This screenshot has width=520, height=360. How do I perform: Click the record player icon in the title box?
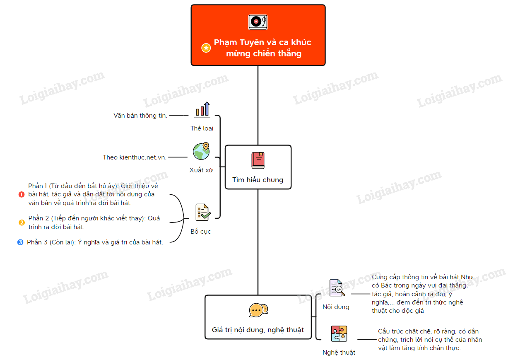[258, 22]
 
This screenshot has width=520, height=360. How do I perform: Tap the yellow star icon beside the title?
[206, 48]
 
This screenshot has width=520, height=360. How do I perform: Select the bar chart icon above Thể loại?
[202, 109]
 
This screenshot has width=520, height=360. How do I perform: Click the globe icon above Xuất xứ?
[201, 151]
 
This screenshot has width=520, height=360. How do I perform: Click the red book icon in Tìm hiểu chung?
[258, 160]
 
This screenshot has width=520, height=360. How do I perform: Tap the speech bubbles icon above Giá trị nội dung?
[258, 310]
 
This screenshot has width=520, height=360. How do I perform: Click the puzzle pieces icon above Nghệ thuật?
[339, 333]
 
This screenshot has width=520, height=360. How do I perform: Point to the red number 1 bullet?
[22, 194]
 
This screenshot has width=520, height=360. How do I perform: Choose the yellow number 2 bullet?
[22, 222]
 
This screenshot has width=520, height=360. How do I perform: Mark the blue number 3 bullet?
[20, 242]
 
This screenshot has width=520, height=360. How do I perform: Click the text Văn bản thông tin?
[140, 116]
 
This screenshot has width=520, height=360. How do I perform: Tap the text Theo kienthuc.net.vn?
[135, 157]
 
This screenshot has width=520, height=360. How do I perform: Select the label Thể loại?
[202, 128]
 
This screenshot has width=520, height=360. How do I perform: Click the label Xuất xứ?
[201, 170]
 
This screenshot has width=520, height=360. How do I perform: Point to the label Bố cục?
[201, 232]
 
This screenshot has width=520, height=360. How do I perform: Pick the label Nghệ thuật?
[339, 353]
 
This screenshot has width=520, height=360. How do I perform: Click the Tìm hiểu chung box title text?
[258, 180]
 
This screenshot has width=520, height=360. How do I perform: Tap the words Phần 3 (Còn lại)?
[51, 242]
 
